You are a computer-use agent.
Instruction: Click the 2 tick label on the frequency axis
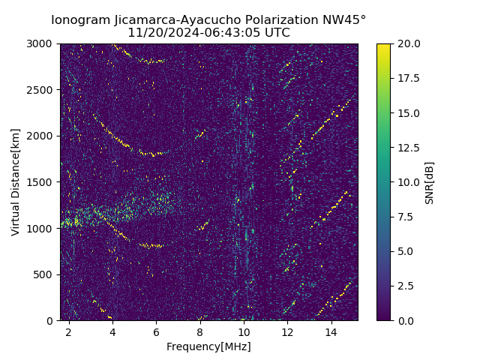69,331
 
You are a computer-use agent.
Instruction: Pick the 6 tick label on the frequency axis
156,331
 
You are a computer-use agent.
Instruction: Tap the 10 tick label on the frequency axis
244,331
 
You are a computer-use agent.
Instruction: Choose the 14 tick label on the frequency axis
331,331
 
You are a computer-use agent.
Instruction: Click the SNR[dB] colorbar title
429,182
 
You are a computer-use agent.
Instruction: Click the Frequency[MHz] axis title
208,346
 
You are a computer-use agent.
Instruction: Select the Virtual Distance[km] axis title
15,182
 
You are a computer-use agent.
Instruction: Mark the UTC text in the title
277,33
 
